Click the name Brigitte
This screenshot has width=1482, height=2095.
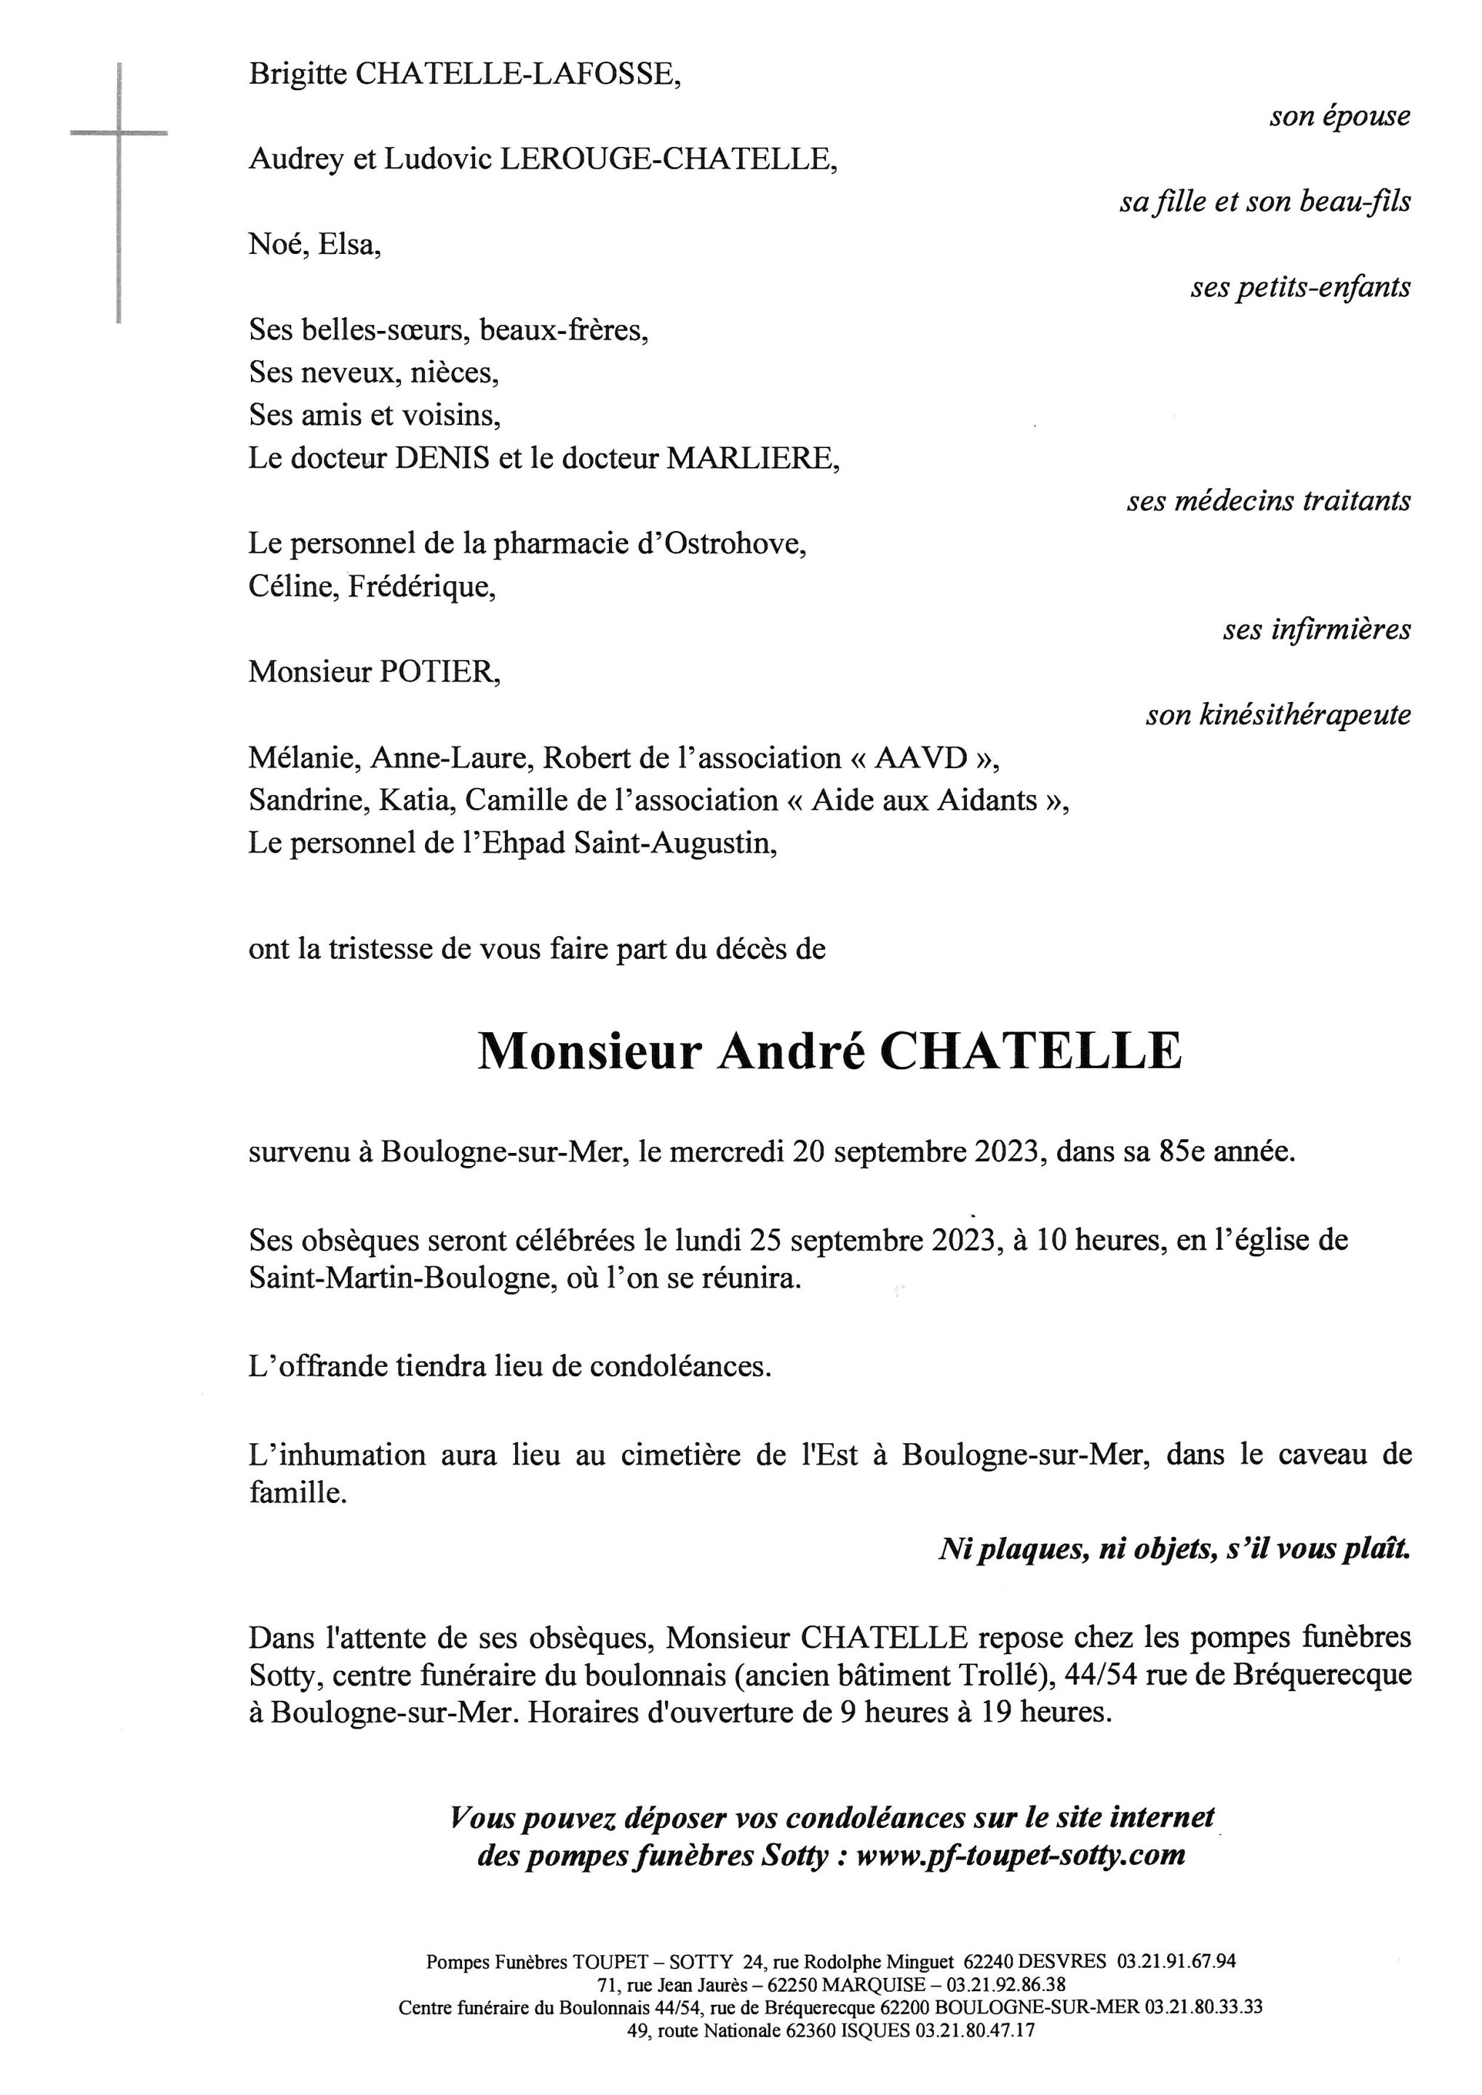coord(298,74)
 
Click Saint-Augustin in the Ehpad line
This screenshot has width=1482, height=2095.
coord(674,843)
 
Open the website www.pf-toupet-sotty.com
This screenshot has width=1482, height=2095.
coord(1020,1854)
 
